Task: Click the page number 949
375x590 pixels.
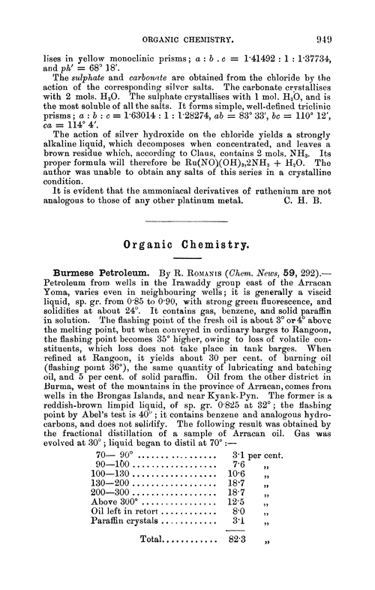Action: coord(340,16)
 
